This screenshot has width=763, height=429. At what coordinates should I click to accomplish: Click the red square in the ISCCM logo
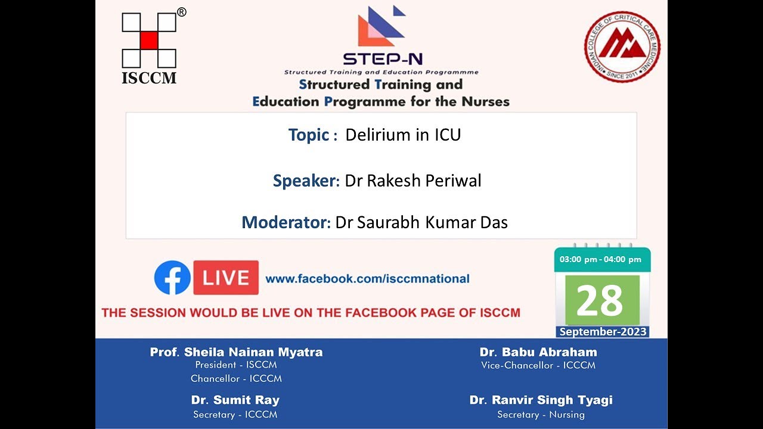coord(149,40)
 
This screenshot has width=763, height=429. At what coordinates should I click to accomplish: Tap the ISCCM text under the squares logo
coord(149,78)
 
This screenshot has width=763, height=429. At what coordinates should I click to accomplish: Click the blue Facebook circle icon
coord(172,278)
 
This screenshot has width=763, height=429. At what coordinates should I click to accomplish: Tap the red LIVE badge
coord(226,278)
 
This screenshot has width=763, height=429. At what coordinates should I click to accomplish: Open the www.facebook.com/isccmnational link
coord(367,279)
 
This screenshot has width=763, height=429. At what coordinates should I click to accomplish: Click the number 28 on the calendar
coord(600,300)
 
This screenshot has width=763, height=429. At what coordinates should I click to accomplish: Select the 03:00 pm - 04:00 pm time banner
coord(600,259)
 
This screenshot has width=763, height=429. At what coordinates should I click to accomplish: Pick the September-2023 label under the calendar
coord(603,332)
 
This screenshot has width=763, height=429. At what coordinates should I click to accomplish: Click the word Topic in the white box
coord(309,135)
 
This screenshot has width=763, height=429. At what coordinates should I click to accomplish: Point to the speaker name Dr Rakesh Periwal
coord(413,181)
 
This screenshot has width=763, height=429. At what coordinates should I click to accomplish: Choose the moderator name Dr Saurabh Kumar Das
coord(421,223)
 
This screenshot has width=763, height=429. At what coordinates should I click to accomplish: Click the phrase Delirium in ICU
coord(403,135)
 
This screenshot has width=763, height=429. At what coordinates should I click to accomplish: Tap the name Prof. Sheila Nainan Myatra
coord(236,352)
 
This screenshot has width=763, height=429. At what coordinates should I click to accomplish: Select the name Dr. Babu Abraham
coord(538,352)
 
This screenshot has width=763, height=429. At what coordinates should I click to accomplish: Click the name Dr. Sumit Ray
coord(235,400)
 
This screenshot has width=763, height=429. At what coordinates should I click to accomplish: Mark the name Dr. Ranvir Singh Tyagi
coord(541,400)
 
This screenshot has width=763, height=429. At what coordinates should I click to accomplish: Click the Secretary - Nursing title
coord(541,415)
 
